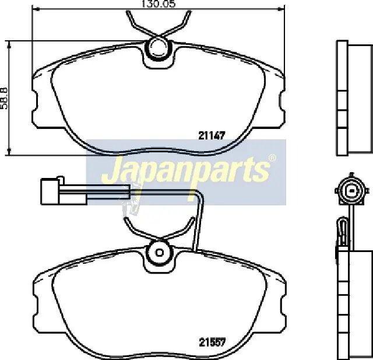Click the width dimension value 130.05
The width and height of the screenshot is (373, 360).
159,4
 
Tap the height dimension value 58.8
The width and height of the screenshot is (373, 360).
4,98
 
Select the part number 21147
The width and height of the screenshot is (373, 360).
212,136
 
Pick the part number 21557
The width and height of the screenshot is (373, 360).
212,342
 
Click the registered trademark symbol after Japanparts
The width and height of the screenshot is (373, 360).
272,158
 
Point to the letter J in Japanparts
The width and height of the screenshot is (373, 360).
112,169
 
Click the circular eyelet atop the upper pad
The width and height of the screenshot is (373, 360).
157,48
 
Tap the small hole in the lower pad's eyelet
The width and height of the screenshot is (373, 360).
159,253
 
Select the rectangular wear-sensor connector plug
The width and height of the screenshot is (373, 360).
64,192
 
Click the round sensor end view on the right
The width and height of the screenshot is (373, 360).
351,190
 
